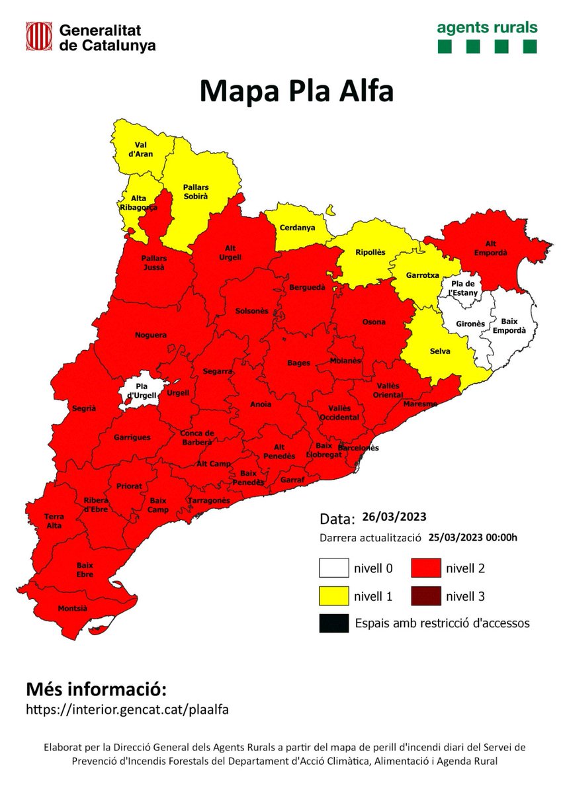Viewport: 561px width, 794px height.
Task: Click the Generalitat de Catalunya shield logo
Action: tap(39, 36)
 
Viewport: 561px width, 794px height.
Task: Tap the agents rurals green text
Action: tap(486, 28)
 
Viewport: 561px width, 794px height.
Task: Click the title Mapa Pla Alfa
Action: tap(296, 91)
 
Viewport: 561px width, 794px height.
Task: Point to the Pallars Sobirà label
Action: tap(196, 191)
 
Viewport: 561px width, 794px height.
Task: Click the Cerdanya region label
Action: tap(296, 228)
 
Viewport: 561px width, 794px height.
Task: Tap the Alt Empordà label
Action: tap(486, 247)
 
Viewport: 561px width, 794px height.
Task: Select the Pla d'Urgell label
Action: tap(140, 390)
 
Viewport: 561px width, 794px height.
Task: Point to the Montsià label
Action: tap(72, 608)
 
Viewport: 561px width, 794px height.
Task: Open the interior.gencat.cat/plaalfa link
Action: tap(128, 709)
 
